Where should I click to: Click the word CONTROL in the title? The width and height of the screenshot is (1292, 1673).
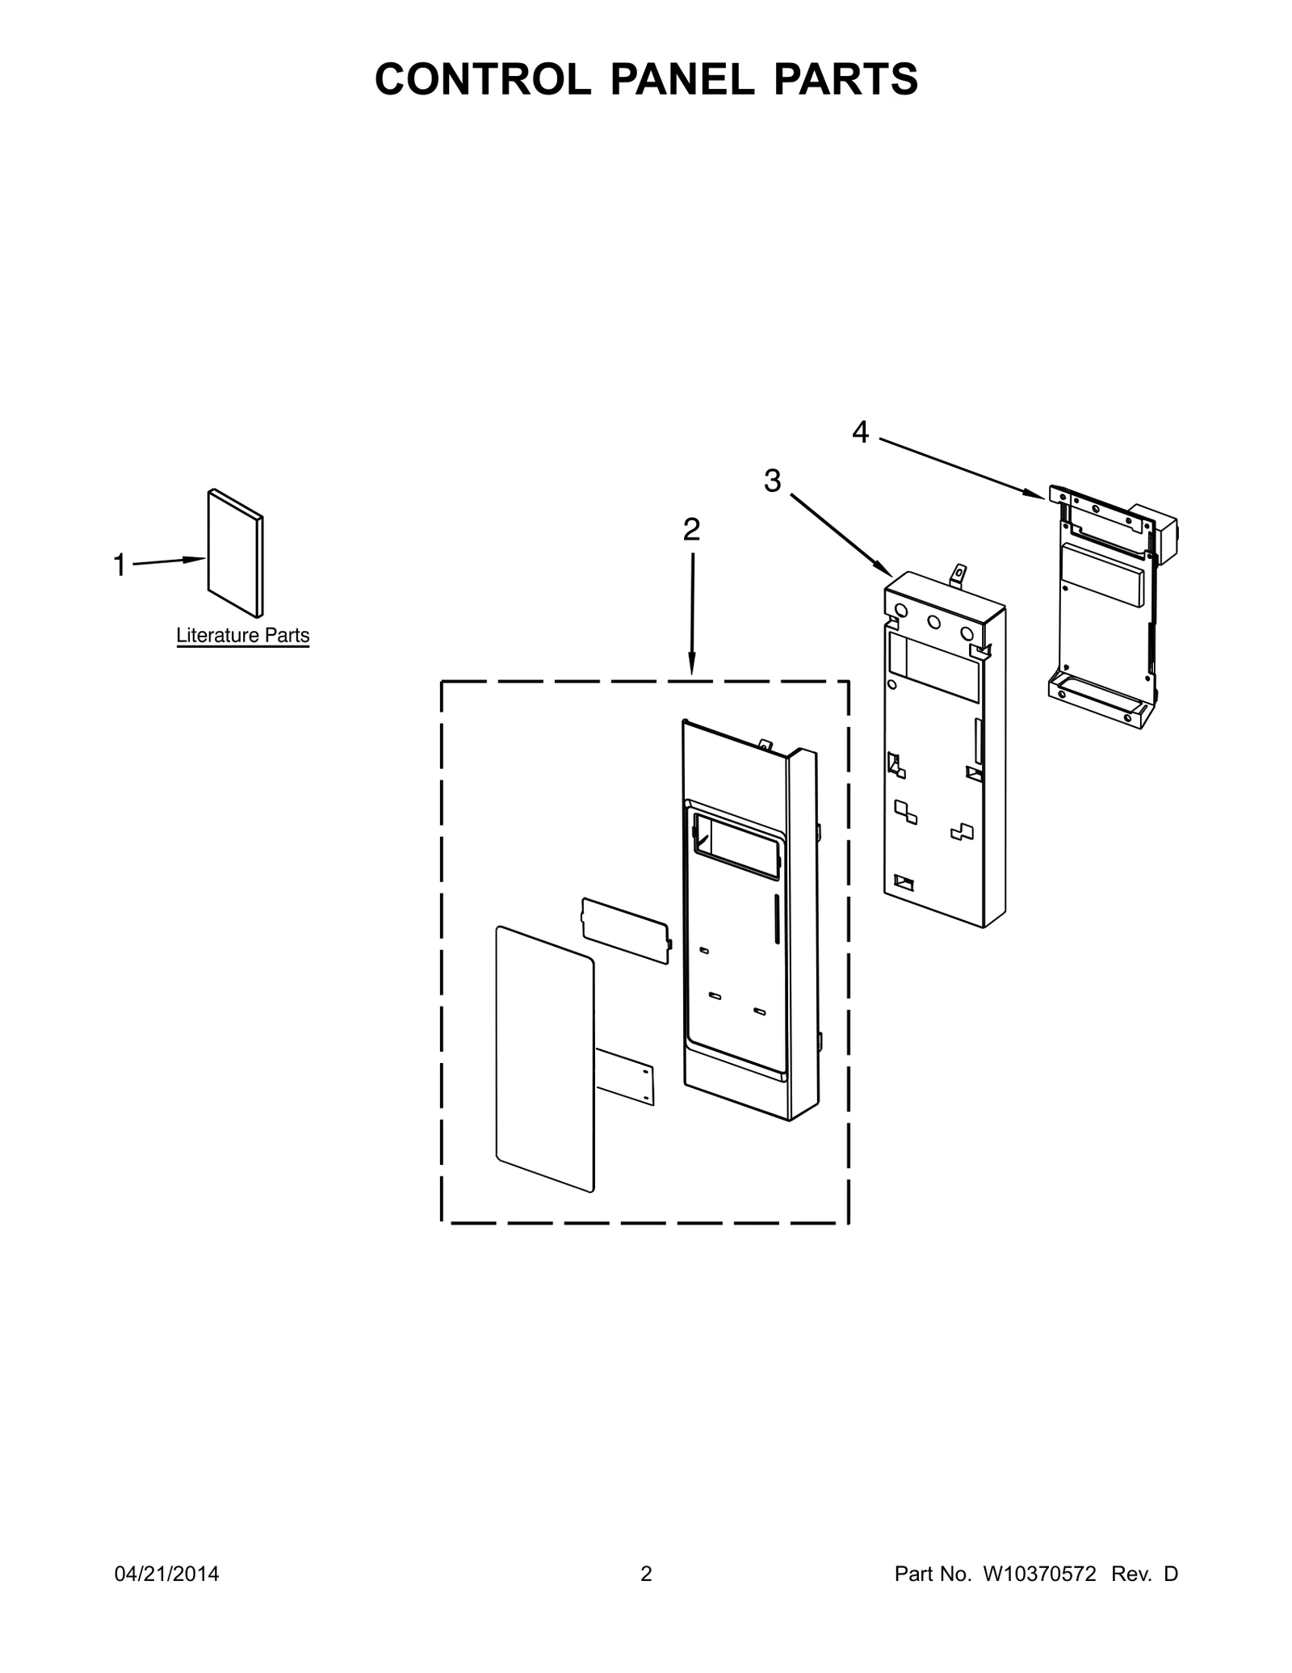click(482, 79)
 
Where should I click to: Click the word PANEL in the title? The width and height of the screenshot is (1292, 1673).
click(681, 79)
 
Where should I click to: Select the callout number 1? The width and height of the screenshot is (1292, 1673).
click(120, 565)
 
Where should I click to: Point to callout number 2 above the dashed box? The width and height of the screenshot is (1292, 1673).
click(691, 530)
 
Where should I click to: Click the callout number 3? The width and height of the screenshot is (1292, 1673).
click(773, 481)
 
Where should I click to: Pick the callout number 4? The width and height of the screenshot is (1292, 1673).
click(861, 433)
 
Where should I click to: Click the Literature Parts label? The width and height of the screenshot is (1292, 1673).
click(243, 636)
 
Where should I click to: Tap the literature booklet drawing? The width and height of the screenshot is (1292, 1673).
click(236, 553)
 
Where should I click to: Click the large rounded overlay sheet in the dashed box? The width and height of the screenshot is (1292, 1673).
click(545, 1058)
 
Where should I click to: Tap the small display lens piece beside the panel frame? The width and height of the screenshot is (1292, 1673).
click(627, 930)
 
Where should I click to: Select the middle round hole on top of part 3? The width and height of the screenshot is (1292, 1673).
click(934, 622)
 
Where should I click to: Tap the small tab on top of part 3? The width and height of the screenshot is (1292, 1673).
click(959, 575)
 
